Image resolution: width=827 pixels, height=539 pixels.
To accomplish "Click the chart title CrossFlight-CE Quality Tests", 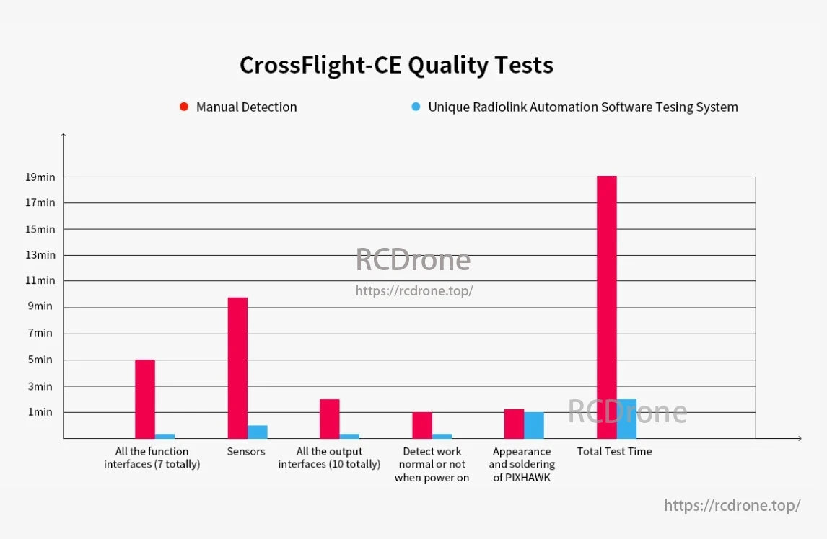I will coord(396,66).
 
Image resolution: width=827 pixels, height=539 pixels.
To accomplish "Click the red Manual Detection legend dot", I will coord(184,107).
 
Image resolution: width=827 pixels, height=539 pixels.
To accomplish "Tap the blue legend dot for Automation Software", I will coord(416,107).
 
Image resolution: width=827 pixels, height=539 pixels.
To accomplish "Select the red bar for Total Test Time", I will coord(606,307).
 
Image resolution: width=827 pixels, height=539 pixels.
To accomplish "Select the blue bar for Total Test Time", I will coord(626,419).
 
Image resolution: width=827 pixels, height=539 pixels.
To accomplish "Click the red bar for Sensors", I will coord(237,367).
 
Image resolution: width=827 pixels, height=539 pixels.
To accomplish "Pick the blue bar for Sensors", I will coord(258,432).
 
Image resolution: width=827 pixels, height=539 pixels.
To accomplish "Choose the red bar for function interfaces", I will coord(145,398).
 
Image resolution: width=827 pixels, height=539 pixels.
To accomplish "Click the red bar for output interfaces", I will coord(330,419).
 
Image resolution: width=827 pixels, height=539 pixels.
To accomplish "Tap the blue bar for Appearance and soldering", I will coord(534,425).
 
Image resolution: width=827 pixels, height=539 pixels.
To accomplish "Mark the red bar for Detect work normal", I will coord(422,425).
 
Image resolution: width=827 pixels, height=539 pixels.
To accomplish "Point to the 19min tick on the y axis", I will coord(40,177).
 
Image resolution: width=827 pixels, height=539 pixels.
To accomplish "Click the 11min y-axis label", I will coord(40,280).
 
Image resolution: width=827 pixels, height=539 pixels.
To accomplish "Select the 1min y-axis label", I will coord(40,412).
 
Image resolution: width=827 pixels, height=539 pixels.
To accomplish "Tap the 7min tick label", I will coord(40,333).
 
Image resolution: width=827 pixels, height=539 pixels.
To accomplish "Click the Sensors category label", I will coord(246,452).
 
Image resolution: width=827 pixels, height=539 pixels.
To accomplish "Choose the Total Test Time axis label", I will coord(614,452).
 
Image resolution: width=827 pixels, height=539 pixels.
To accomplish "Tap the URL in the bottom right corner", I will coord(732,505).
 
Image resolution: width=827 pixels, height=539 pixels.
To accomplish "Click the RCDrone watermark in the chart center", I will coord(413,260).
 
